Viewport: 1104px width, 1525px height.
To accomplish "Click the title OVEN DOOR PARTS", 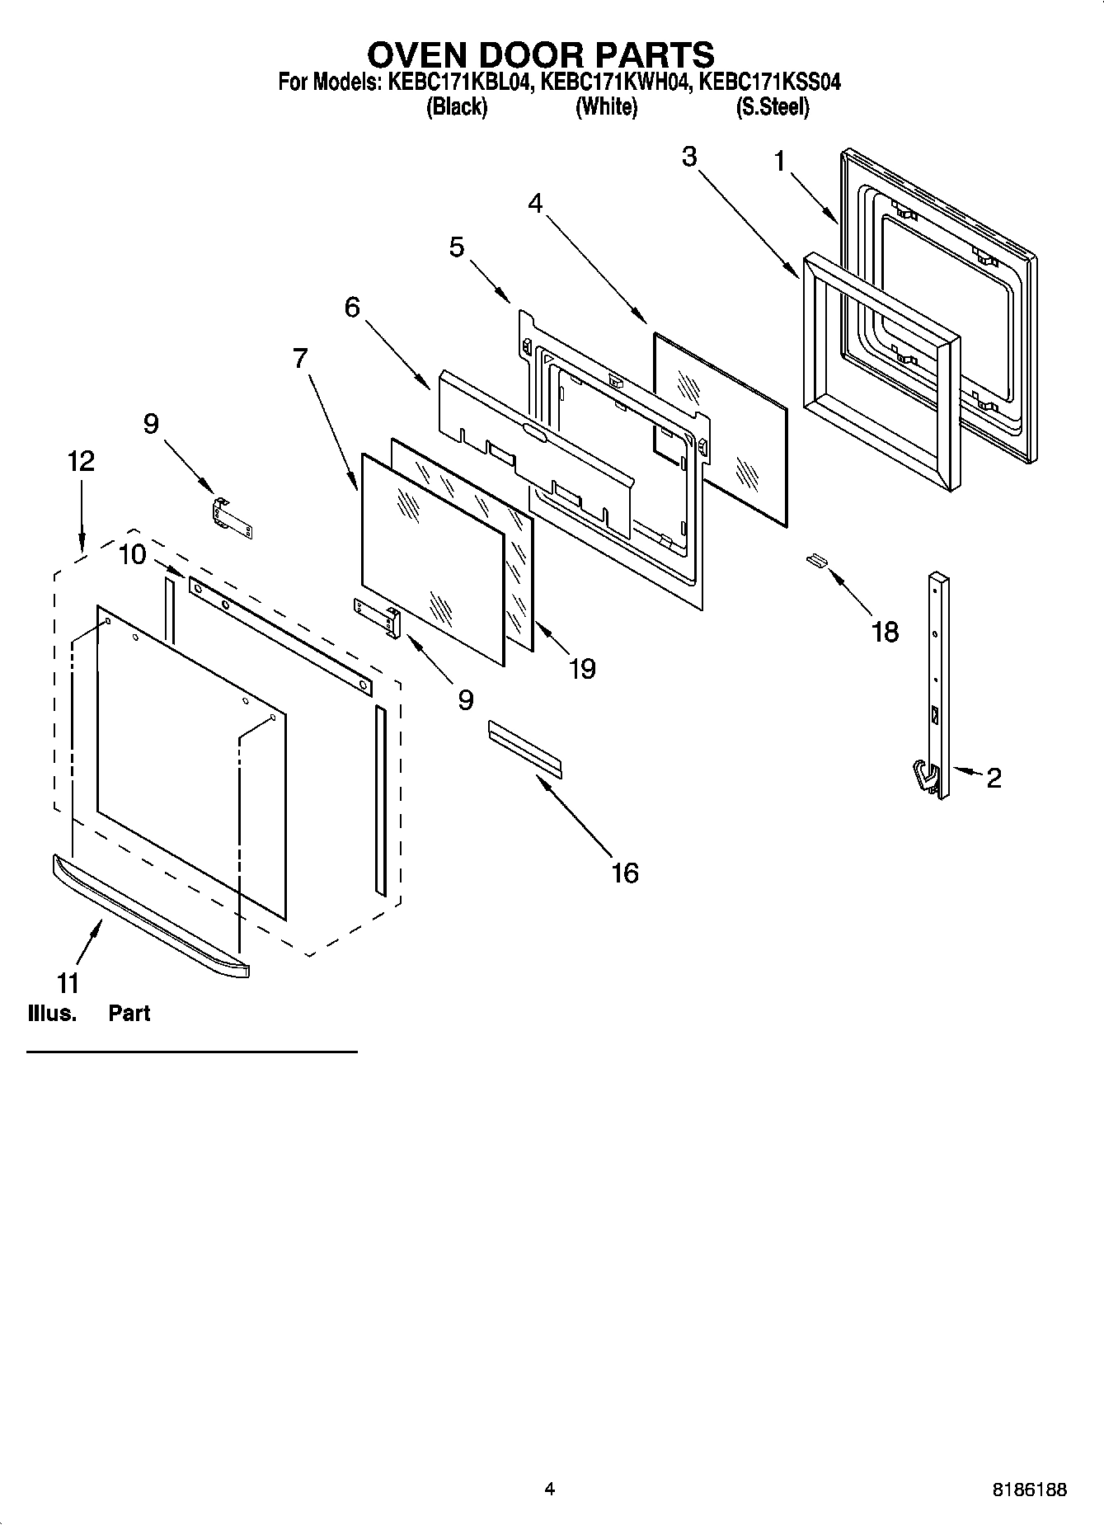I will pyautogui.click(x=540, y=55).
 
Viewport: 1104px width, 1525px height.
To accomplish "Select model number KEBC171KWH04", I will pyautogui.click(x=613, y=82).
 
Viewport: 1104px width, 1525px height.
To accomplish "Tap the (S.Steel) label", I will pyautogui.click(x=772, y=107).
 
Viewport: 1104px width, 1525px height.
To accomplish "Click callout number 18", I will pyautogui.click(x=885, y=633).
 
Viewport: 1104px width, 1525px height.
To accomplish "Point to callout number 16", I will pyautogui.click(x=625, y=873).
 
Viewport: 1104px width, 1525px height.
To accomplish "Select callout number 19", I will pyautogui.click(x=582, y=668).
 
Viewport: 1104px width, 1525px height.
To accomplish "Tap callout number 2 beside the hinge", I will pyautogui.click(x=994, y=777).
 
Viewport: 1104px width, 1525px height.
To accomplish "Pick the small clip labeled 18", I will pyautogui.click(x=815, y=560).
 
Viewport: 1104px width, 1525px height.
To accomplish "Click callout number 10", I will pyautogui.click(x=132, y=554).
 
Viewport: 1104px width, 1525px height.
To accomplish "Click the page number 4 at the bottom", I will pyautogui.click(x=549, y=1489).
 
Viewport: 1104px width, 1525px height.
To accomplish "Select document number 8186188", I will pyautogui.click(x=1028, y=1490).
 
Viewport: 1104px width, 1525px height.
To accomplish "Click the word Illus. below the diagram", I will pyautogui.click(x=51, y=1014).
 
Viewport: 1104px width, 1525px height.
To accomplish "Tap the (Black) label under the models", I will pyautogui.click(x=456, y=107).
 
